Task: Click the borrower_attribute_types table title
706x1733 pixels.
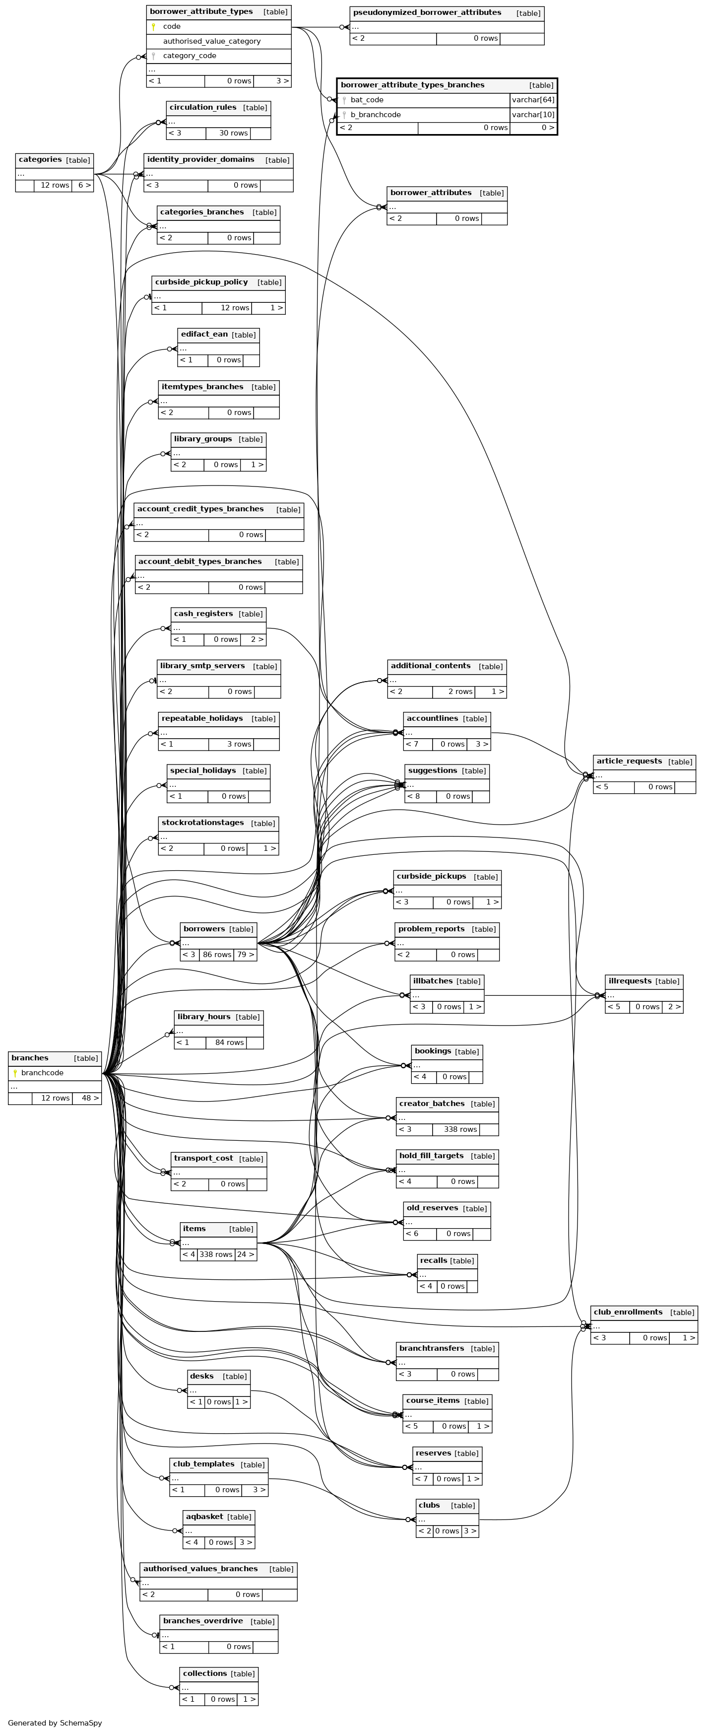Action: (201, 11)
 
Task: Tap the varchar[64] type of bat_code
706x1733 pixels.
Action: (533, 100)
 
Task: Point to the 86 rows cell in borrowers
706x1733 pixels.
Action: (216, 955)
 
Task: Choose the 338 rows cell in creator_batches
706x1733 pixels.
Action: (460, 1129)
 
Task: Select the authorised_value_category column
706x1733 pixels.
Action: (212, 41)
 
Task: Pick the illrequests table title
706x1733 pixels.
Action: (630, 981)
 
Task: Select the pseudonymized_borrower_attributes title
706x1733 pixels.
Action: (427, 13)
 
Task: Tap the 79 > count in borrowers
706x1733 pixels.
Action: (246, 955)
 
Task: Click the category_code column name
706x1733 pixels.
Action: (190, 56)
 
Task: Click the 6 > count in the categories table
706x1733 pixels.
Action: (83, 185)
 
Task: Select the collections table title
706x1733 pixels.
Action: (205, 1673)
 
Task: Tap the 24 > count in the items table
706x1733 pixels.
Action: (246, 1254)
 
